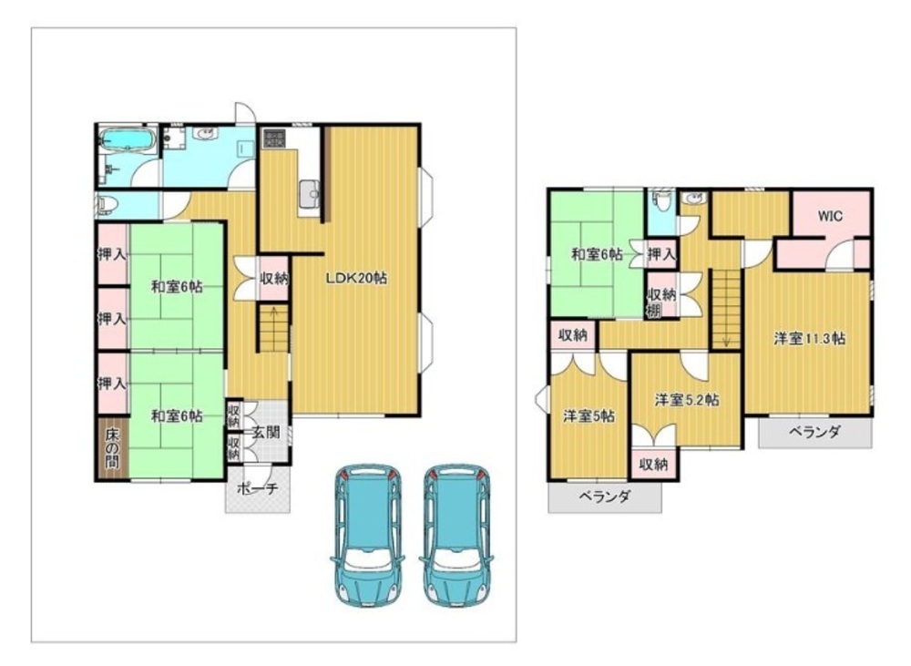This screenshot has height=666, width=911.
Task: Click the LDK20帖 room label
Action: [x=355, y=279]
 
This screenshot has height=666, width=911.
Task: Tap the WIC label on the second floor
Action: [x=830, y=216]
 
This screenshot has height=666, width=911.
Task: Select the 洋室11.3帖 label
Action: [x=809, y=338]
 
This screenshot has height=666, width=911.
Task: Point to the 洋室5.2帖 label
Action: [x=687, y=400]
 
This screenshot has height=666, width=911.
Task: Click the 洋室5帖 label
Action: [x=589, y=416]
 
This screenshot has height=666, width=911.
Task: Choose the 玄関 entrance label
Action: [x=266, y=433]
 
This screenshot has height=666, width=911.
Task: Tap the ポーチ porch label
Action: [x=258, y=489]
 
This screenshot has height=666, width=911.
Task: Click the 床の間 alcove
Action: [x=112, y=448]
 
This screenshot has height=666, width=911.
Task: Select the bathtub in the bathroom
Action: [x=127, y=139]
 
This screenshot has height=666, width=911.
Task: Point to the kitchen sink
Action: [x=308, y=192]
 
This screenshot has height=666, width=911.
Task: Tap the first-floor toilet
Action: [x=106, y=205]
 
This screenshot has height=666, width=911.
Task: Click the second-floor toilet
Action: [x=660, y=200]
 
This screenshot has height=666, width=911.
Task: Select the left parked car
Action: [x=367, y=535]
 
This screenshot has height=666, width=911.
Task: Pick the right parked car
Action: [x=456, y=535]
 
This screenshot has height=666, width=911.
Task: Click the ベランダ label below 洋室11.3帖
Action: [x=814, y=432]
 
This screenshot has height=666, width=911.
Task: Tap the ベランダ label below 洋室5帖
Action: [x=604, y=497]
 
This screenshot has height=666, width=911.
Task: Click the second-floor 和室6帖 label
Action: [x=597, y=254]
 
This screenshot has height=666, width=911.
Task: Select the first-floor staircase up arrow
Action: [x=273, y=314]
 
